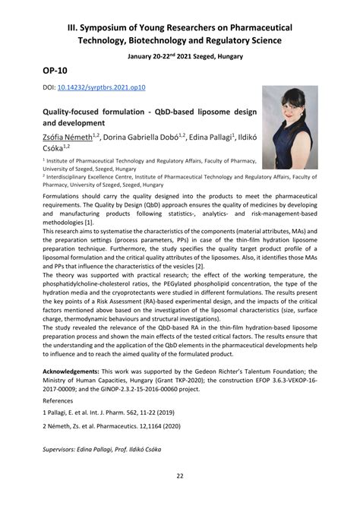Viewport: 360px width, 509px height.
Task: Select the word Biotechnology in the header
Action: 172,40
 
